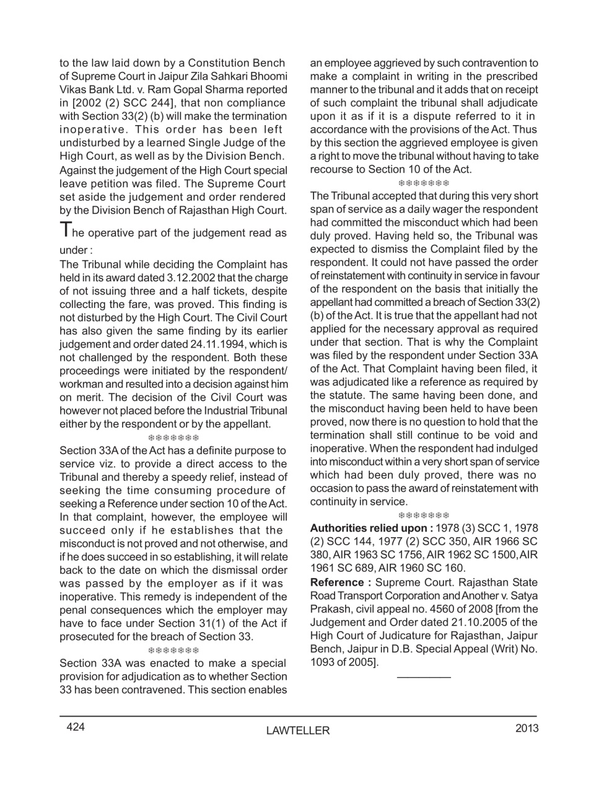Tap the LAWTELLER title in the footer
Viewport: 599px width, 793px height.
(298, 731)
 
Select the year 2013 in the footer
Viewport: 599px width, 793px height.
(527, 728)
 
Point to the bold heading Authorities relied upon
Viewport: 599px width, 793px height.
(371, 528)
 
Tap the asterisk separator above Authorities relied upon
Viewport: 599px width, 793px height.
(424, 515)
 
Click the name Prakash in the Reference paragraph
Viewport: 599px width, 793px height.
(331, 609)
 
